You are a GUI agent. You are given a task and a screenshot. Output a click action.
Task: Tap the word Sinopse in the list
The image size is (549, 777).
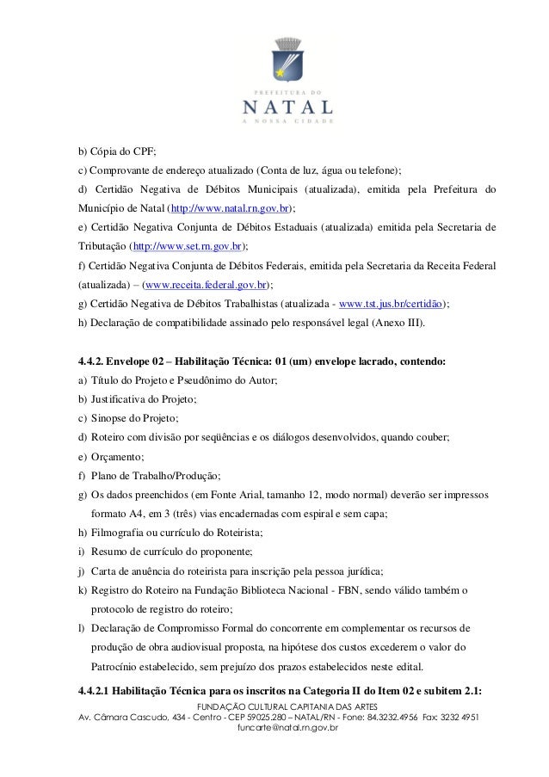click(x=107, y=418)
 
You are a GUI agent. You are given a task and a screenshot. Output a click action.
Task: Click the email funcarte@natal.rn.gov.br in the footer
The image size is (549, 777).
click(x=274, y=727)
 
